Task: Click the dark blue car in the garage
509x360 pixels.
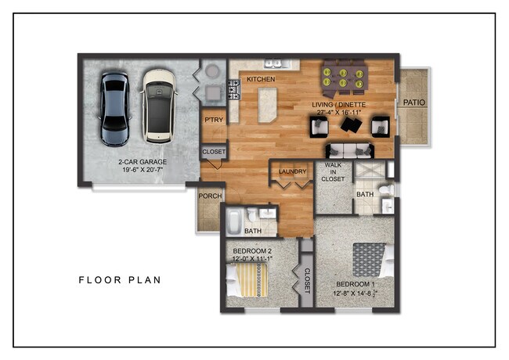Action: (x=115, y=110)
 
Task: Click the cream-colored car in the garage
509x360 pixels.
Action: (x=159, y=106)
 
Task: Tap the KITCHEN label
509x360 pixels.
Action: (x=261, y=79)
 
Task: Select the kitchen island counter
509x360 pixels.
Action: (x=268, y=105)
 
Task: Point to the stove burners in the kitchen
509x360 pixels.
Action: (x=234, y=90)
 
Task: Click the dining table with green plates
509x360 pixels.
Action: (x=344, y=79)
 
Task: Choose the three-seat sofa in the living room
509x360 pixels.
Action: (x=349, y=151)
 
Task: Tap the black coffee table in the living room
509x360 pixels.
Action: (x=352, y=124)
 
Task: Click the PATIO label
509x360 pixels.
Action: (x=414, y=103)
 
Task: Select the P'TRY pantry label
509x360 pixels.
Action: (x=214, y=120)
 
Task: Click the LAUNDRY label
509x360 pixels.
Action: (x=293, y=171)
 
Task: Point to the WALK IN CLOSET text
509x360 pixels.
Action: (x=333, y=172)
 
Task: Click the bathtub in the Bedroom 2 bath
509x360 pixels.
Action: (x=233, y=221)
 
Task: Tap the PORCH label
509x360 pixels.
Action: (x=210, y=196)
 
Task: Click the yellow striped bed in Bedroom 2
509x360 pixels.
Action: (x=247, y=280)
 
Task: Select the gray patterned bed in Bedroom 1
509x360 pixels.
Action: (x=374, y=260)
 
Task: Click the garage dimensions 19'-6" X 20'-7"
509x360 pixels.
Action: (x=143, y=170)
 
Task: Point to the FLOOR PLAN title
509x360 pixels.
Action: (x=120, y=280)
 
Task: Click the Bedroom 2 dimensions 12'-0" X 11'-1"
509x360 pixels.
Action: (x=253, y=259)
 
